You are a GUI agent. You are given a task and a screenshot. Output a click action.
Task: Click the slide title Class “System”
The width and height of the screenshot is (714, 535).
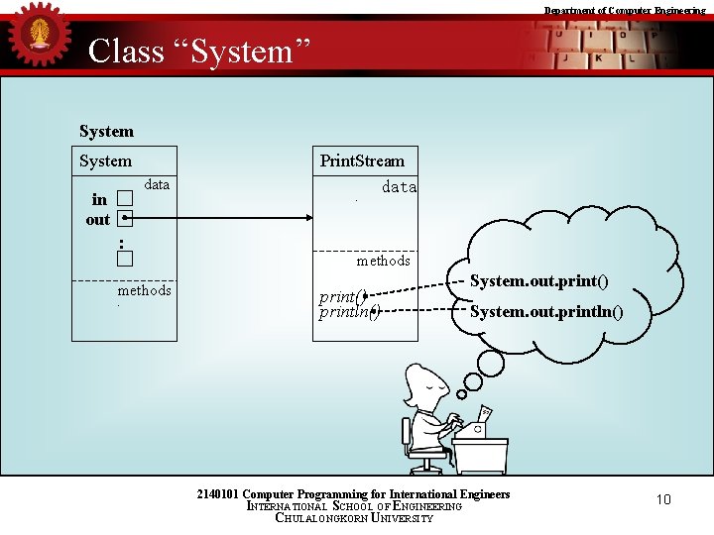coord(199,51)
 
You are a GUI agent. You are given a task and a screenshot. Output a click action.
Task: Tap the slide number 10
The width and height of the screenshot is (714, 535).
coord(663,499)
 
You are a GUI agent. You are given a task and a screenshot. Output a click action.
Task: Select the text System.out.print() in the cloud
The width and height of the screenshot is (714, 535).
coord(538,281)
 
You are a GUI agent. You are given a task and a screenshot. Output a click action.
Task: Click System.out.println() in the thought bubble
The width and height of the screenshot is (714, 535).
coord(546,313)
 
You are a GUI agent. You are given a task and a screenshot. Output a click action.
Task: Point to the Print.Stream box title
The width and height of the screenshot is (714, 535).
coord(362,160)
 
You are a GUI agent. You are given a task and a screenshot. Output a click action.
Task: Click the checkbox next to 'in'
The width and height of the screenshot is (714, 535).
coord(124,199)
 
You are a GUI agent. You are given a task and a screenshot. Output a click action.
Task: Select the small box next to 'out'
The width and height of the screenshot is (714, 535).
coord(124,219)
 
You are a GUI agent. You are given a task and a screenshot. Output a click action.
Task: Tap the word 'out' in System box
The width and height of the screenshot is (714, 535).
coord(98,220)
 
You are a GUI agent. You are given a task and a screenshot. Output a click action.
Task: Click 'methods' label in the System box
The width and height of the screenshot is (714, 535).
coord(145,290)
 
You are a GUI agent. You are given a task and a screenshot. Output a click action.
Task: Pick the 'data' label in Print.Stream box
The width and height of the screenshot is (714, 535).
coord(399,187)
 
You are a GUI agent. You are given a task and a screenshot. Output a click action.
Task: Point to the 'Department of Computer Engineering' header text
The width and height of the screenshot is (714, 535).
coord(625,10)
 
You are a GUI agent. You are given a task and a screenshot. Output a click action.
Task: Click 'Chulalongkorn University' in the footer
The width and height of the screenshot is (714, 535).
coord(354,518)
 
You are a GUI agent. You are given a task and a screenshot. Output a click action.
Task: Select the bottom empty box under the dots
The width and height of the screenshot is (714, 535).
coord(124,260)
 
